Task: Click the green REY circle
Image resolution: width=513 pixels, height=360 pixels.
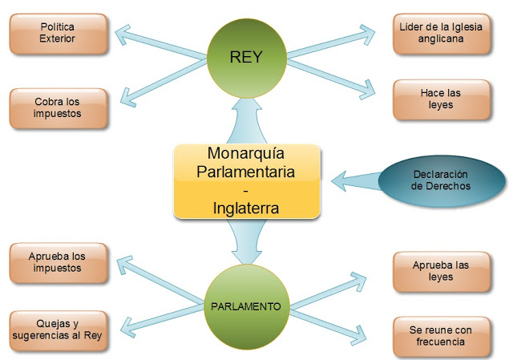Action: [x=247, y=58]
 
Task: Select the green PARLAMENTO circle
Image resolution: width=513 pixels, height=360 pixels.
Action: [x=245, y=306]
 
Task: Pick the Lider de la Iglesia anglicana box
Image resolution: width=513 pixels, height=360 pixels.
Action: [x=441, y=33]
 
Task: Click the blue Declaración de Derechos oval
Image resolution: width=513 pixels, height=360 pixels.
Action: [x=440, y=180]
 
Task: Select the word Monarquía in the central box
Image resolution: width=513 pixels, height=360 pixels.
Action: [x=246, y=152]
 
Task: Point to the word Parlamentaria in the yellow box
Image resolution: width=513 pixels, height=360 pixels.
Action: [x=246, y=171]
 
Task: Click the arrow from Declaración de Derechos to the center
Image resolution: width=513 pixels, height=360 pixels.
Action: [x=353, y=180]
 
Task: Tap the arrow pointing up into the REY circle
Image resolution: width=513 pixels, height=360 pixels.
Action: [x=245, y=120]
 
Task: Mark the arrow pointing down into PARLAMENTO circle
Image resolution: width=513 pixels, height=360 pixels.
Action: [x=245, y=241]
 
